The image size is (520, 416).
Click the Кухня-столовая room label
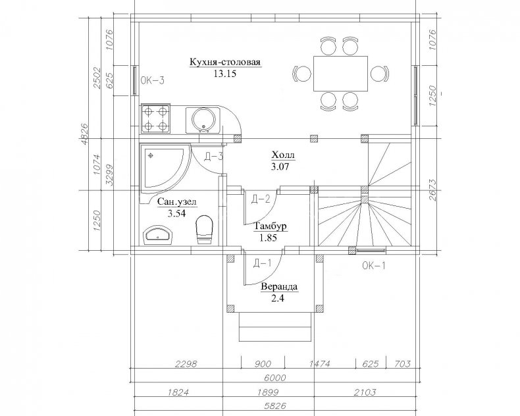click(x=225, y=62)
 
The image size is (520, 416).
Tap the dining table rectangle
click(x=340, y=74)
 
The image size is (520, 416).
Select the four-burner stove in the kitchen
click(x=155, y=118)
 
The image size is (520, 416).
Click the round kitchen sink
click(x=202, y=119)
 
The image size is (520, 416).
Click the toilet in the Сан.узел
click(x=204, y=230)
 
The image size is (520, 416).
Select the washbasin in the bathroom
click(x=158, y=235)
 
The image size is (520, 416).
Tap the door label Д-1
click(x=263, y=263)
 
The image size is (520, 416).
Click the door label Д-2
click(x=261, y=199)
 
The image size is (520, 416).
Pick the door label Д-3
click(x=213, y=157)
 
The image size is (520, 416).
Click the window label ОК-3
click(x=152, y=80)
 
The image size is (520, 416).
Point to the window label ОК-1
click(x=374, y=266)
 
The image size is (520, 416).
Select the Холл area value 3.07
click(x=280, y=166)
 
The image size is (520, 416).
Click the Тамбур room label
click(x=271, y=226)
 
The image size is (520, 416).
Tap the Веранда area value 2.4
click(x=278, y=298)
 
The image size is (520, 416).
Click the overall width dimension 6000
click(x=276, y=378)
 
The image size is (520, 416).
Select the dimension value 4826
click(x=84, y=134)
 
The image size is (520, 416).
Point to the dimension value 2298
click(x=186, y=364)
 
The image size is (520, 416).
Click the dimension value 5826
click(x=276, y=405)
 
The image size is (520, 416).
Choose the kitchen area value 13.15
click(x=224, y=73)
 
